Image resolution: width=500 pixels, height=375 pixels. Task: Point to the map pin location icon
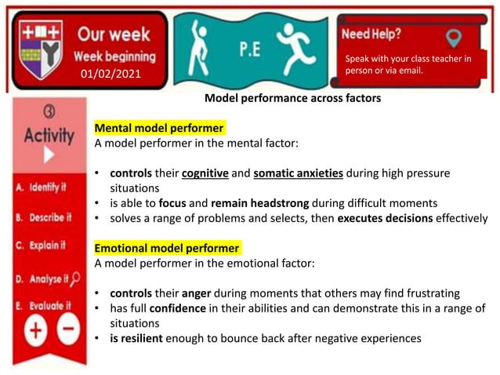click(x=453, y=37)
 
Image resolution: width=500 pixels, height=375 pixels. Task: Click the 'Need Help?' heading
click(x=371, y=35)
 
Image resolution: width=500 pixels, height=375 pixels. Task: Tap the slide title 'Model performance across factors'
click(x=292, y=99)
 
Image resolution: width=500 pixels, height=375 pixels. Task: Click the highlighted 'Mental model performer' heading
click(x=159, y=128)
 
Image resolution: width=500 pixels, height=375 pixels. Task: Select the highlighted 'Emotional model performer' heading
click(x=167, y=248)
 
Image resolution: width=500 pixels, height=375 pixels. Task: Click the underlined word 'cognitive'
click(x=208, y=173)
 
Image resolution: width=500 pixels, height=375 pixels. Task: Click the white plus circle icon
click(x=34, y=332)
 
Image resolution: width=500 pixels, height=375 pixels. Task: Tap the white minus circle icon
click(x=69, y=332)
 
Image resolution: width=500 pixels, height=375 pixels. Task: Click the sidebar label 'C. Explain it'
click(x=44, y=246)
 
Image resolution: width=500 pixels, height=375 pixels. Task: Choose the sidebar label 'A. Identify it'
click(x=43, y=189)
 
